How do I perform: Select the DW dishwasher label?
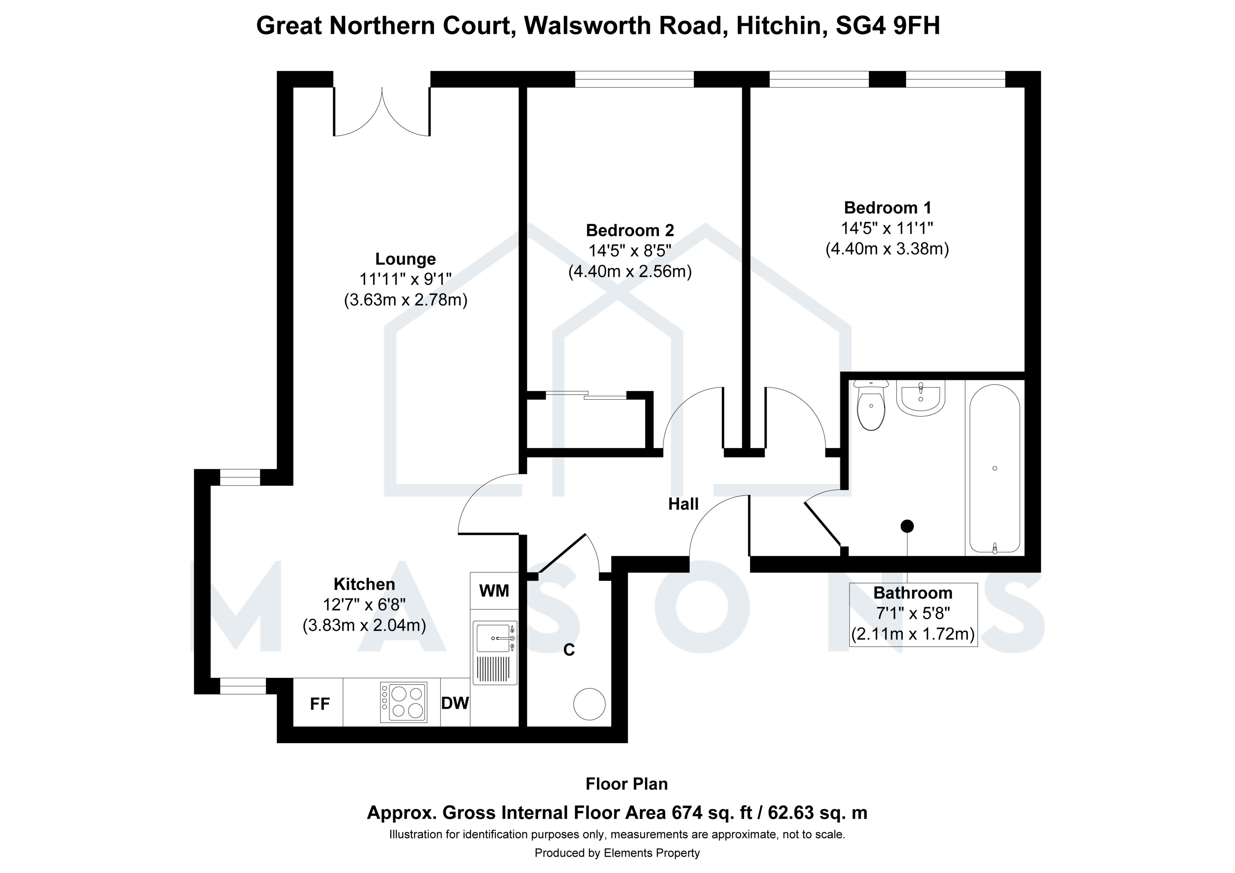pos(455,703)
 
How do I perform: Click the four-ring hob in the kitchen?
pos(403,702)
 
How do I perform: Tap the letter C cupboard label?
pos(568,650)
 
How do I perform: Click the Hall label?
pos(683,504)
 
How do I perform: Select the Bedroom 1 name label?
pos(887,208)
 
